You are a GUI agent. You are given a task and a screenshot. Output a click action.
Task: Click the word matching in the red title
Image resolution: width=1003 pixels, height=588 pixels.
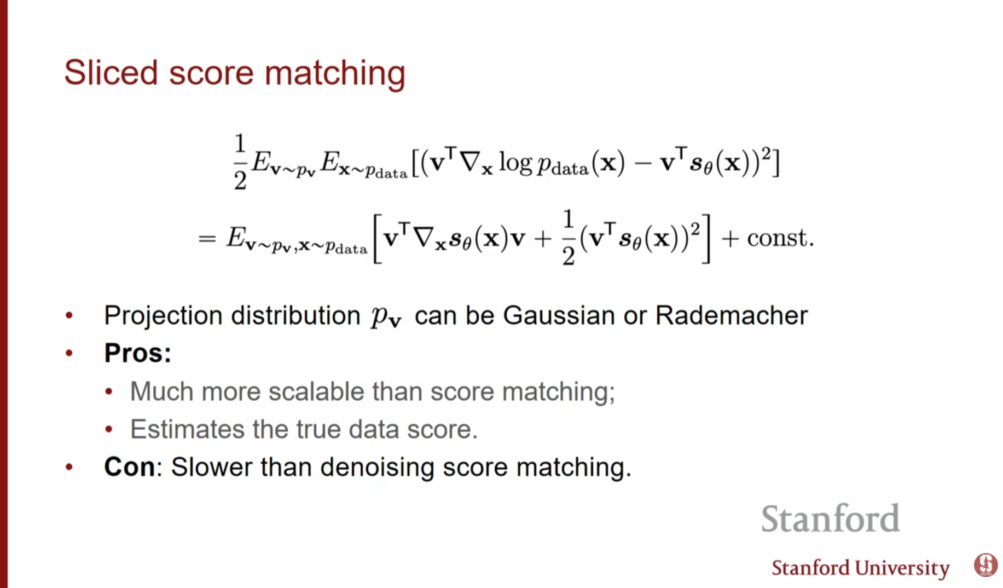(x=335, y=73)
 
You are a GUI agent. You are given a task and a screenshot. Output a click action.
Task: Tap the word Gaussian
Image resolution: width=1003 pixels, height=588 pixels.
(x=559, y=316)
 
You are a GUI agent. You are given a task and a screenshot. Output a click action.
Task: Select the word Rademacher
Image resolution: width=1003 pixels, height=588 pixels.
(x=731, y=316)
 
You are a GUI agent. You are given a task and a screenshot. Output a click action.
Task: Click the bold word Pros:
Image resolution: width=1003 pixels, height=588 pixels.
(x=137, y=353)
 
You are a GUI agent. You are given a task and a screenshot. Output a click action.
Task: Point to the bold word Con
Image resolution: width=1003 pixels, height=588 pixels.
(x=129, y=467)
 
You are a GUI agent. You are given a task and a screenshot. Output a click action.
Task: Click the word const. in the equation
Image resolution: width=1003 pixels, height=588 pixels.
(x=780, y=238)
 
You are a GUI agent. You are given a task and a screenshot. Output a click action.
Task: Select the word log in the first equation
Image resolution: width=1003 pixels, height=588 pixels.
(x=515, y=163)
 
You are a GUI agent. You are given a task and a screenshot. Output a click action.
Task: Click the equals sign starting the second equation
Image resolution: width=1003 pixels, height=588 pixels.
(x=207, y=239)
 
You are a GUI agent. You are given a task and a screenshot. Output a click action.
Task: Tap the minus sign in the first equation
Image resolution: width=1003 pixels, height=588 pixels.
(x=642, y=163)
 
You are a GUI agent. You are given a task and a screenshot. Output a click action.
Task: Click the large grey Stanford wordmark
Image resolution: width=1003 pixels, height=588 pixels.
(x=830, y=518)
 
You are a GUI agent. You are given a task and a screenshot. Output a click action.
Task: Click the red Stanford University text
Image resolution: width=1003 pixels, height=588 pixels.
(x=861, y=568)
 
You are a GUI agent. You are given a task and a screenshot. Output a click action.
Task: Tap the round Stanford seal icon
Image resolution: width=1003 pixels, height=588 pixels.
(x=985, y=565)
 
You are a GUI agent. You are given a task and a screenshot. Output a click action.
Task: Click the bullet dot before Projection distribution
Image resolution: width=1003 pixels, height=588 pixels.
(x=69, y=315)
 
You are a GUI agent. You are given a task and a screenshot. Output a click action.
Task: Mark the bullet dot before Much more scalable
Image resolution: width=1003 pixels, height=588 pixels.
(x=109, y=391)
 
